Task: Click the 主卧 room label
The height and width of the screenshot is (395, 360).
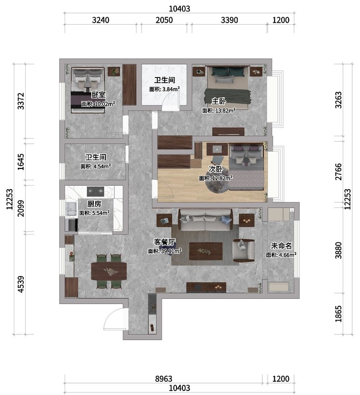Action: [218, 101]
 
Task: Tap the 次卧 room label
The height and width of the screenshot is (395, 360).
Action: [216, 169]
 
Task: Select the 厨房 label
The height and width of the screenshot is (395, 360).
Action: [94, 203]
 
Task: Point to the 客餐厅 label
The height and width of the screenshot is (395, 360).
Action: [165, 242]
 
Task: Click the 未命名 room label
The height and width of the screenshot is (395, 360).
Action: [281, 245]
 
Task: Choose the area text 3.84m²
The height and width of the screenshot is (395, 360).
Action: [171, 89]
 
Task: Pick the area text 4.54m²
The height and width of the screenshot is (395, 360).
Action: [102, 166]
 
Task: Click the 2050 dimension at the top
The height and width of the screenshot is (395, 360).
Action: [164, 20]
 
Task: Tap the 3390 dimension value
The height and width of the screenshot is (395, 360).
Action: [229, 20]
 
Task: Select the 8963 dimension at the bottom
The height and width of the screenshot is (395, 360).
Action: [164, 379]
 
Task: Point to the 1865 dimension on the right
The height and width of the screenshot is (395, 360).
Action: [339, 314]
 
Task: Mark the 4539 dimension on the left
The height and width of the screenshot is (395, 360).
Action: [21, 284]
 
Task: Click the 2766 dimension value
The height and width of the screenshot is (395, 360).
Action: [339, 172]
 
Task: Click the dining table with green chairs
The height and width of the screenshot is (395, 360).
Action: [109, 271]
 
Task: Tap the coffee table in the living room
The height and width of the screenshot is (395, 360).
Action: [206, 251]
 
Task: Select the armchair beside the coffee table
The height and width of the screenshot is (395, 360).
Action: [243, 250]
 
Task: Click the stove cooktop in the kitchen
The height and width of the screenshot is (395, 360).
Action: [96, 192]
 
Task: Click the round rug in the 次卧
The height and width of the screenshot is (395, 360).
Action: [217, 180]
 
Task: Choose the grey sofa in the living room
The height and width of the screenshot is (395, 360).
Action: [205, 220]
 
